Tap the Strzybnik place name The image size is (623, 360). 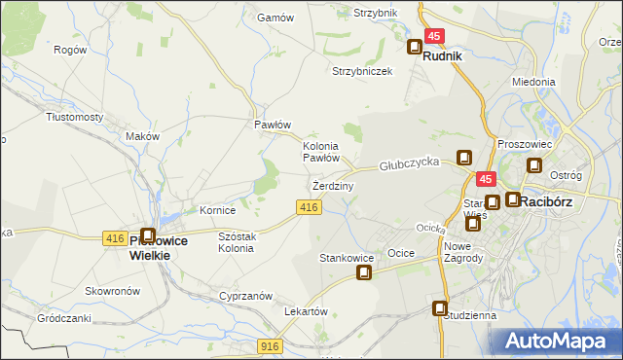376,13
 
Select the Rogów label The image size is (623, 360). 70,50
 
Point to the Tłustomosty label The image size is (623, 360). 75,116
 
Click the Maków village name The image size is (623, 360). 143,136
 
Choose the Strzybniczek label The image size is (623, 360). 362,71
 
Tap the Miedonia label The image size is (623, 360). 532,83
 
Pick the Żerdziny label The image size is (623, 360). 333,185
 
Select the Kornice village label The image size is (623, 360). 218,210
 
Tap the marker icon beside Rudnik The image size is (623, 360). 415,46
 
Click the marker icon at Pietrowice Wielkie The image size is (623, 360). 148,235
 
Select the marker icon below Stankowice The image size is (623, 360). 364,272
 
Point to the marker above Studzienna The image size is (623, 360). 440,308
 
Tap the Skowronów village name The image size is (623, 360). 115,291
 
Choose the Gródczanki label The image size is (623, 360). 64,318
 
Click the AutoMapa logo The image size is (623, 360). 559,341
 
